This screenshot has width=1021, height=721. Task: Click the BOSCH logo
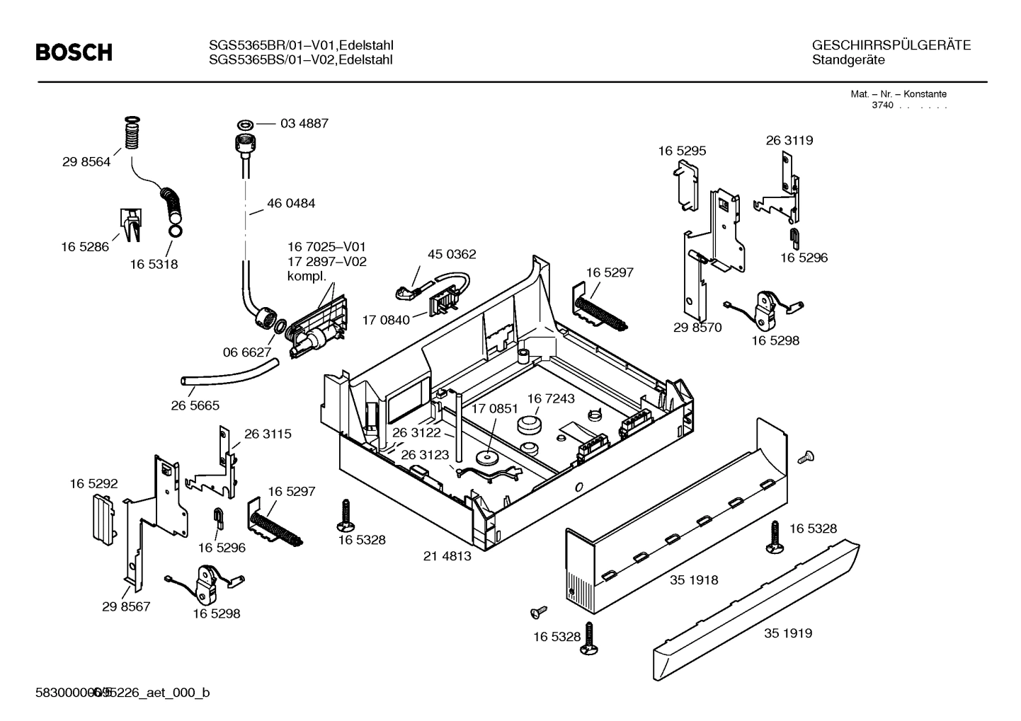click(74, 52)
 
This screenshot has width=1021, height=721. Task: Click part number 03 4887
click(304, 123)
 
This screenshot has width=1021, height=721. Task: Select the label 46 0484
click(291, 203)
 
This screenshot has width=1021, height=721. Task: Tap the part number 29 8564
click(86, 161)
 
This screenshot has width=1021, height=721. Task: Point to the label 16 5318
click(154, 264)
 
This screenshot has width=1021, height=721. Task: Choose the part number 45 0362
click(452, 254)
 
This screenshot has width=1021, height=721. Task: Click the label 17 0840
click(386, 320)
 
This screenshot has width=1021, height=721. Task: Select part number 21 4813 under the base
click(447, 556)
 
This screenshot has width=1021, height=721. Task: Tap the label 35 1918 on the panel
click(694, 580)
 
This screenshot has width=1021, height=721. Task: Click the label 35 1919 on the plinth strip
click(788, 633)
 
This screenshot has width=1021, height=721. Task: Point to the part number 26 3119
click(789, 140)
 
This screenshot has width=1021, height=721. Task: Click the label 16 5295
click(682, 151)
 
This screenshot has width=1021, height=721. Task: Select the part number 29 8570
click(697, 328)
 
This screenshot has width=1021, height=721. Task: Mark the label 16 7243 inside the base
click(551, 398)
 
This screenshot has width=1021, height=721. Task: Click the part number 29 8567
click(126, 606)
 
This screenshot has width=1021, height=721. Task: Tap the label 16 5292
click(93, 483)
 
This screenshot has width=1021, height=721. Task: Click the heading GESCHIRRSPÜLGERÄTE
click(891, 45)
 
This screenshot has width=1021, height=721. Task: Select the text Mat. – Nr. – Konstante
click(898, 93)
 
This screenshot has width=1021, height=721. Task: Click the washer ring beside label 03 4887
click(245, 124)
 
